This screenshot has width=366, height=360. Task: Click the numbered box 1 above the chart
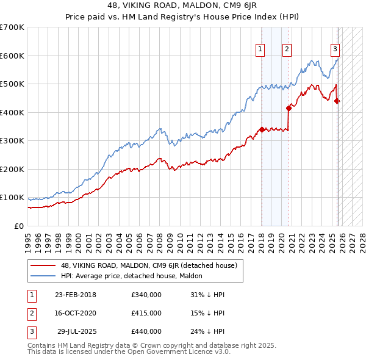tap(260, 49)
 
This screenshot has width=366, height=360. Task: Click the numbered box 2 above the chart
tap(287, 49)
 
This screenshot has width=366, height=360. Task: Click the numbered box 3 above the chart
tap(335, 49)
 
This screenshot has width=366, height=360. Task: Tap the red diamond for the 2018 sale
tap(262, 129)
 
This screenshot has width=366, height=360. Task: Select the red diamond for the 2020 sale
tap(289, 108)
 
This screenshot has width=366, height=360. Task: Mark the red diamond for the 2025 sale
tap(337, 101)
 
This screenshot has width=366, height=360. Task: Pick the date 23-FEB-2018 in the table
tap(75, 295)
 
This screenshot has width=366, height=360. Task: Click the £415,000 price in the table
tap(146, 313)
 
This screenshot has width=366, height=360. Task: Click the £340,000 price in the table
tap(146, 295)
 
